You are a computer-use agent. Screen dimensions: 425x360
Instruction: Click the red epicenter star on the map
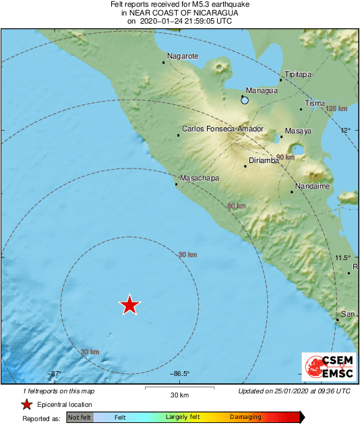point(129,306)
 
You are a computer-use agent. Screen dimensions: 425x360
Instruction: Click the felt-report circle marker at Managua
point(245,100)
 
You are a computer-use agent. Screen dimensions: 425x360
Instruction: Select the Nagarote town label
point(183,56)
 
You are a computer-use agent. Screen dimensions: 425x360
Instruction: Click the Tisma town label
point(315,103)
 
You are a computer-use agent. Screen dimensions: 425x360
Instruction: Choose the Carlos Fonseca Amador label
point(222,129)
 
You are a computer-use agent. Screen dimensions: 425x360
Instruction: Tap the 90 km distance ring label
point(285,157)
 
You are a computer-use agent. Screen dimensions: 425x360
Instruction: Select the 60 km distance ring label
point(235,206)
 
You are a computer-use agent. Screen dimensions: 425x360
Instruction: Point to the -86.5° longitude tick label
point(179,374)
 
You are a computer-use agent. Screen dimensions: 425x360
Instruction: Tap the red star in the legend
point(26,404)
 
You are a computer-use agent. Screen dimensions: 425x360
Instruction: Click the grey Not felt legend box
point(79,418)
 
